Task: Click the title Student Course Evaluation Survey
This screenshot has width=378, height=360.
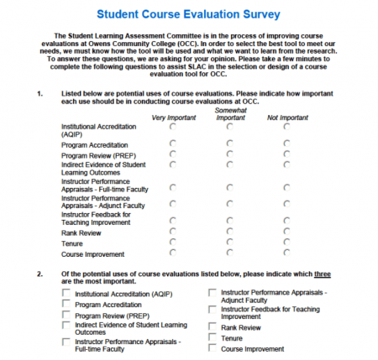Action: pos(188,14)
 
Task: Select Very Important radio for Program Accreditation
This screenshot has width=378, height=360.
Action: pos(173,143)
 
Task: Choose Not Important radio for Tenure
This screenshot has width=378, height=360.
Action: pos(286,243)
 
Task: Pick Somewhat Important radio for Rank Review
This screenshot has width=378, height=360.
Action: pos(230,232)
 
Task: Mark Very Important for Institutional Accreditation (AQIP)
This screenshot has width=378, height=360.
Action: pos(173,127)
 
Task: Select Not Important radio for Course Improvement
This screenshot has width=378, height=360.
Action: pos(286,253)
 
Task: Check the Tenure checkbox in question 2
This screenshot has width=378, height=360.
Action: pos(213,337)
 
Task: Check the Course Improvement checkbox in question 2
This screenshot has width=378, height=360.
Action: pos(213,347)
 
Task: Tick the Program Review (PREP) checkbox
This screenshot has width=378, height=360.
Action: pos(66,316)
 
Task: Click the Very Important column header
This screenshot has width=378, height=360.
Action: pos(173,117)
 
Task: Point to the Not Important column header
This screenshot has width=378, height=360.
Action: pos(286,117)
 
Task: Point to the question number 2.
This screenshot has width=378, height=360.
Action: pos(39,274)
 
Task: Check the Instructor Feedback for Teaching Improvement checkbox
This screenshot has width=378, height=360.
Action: pos(213,310)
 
